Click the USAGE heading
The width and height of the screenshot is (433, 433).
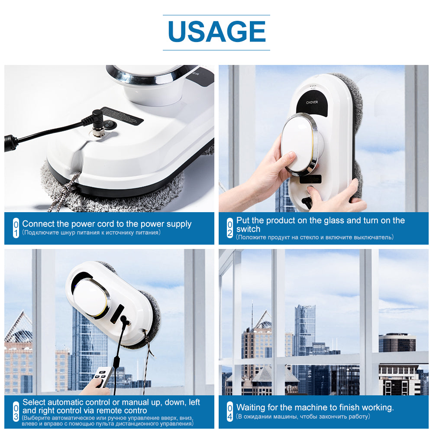tap(216, 32)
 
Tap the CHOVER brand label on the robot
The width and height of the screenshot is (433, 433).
tap(312, 103)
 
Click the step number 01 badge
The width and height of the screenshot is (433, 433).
tap(16, 228)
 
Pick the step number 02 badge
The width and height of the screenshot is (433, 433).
tap(230, 228)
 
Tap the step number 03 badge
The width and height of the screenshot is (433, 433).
tap(16, 411)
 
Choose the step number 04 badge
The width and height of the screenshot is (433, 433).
tap(230, 411)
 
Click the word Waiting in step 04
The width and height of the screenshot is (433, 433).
tap(252, 407)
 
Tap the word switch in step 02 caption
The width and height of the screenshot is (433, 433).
tap(249, 229)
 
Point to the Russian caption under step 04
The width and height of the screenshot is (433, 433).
tap(303, 417)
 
